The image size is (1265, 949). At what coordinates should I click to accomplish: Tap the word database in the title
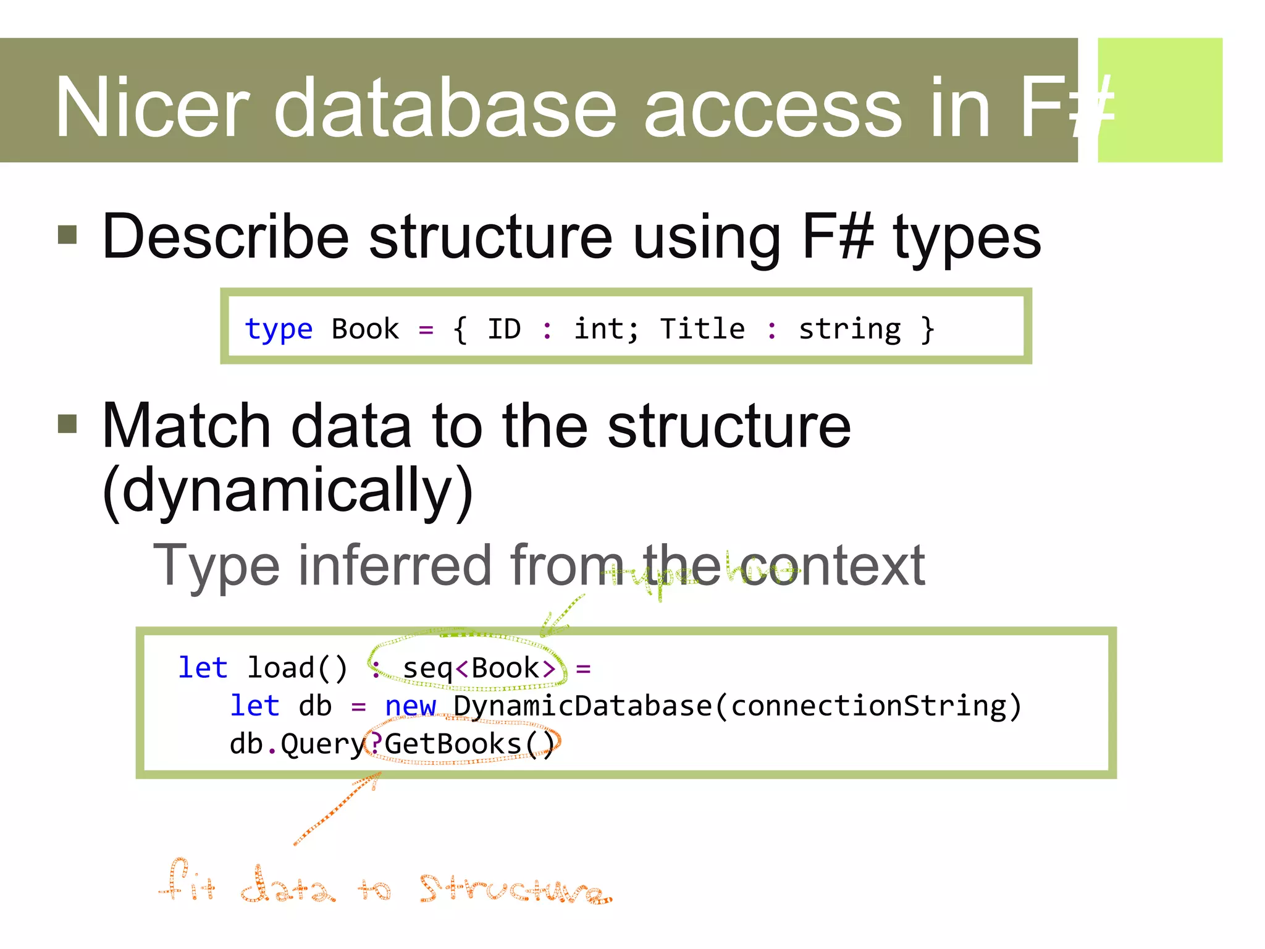[x=445, y=108]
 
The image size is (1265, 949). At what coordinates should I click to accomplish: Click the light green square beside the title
[x=1159, y=99]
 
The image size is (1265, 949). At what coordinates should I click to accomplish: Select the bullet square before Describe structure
[x=67, y=235]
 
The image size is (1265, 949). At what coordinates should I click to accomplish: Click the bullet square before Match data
[x=67, y=424]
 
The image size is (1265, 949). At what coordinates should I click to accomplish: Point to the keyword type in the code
[x=279, y=329]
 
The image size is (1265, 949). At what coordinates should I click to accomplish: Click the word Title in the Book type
[x=702, y=329]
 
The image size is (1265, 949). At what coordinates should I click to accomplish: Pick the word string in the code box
[x=849, y=329]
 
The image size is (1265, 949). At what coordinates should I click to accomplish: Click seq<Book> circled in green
[x=479, y=669]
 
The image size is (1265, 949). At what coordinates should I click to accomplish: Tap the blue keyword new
[x=410, y=706]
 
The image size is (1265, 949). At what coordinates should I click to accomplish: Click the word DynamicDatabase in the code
[x=582, y=706]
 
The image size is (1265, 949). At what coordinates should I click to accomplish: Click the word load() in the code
[x=297, y=669]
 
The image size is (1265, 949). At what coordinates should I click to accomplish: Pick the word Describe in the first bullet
[x=225, y=237]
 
